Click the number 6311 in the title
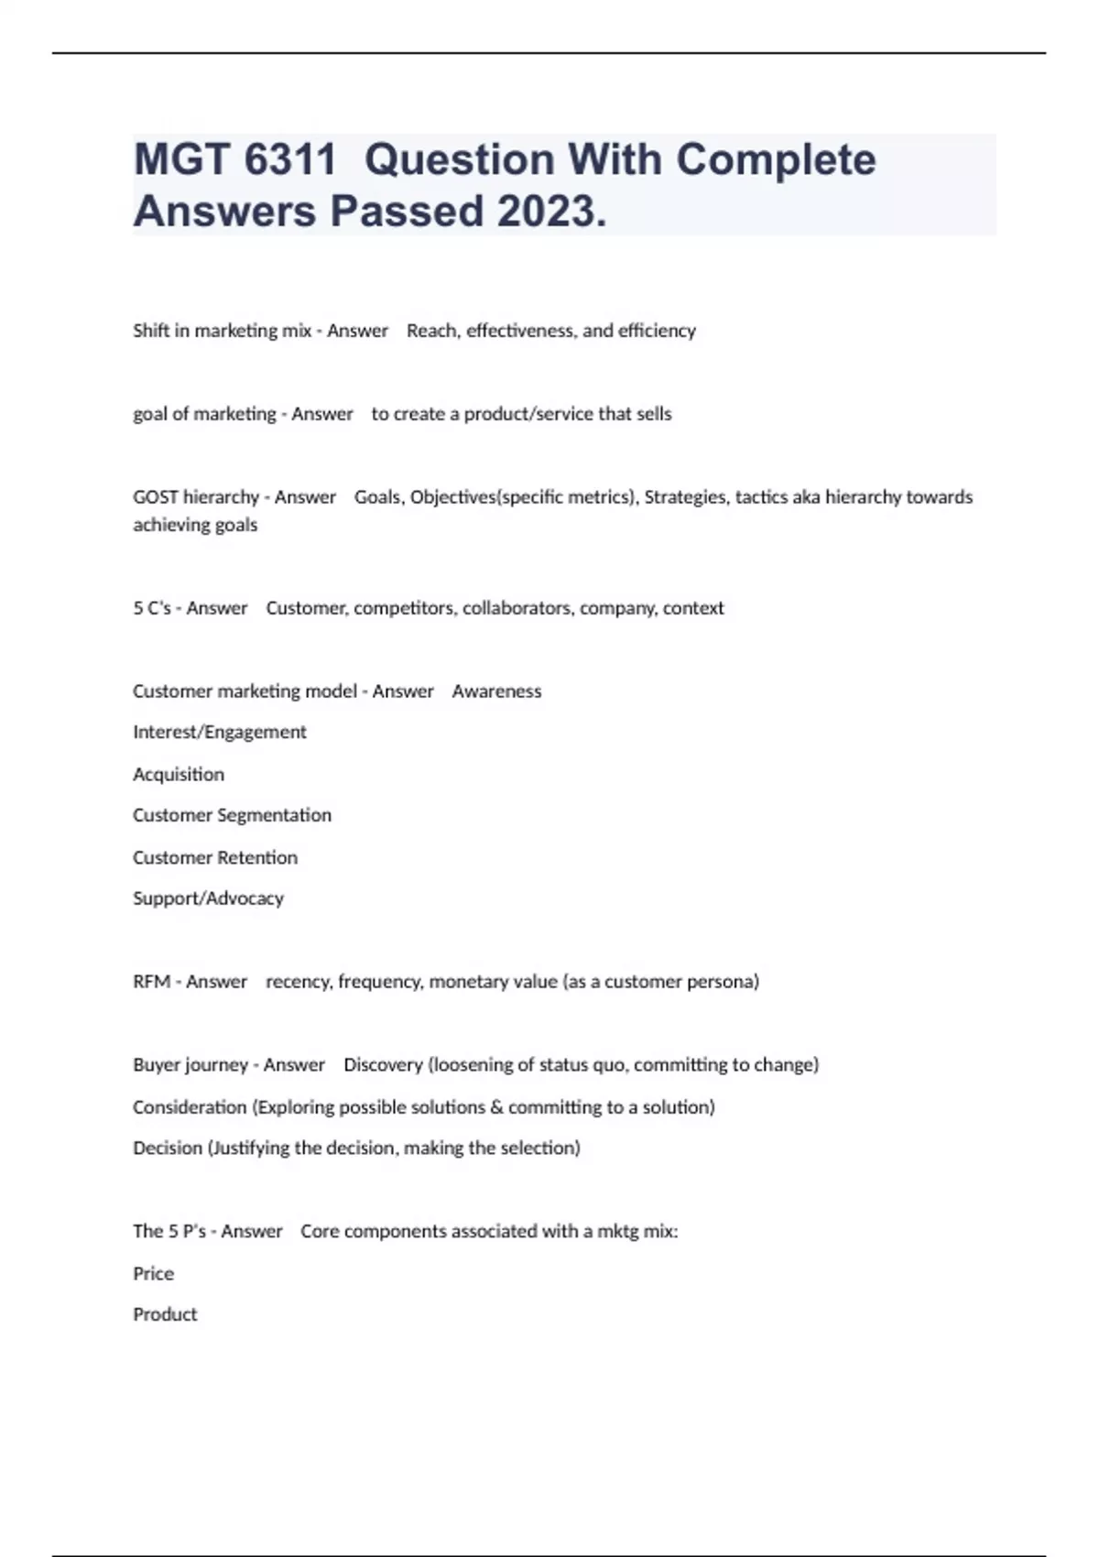click(290, 159)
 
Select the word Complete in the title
click(776, 159)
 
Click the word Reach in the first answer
click(430, 331)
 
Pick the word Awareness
click(496, 691)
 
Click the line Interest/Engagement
click(220, 732)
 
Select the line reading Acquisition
click(179, 774)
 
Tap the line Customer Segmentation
click(232, 815)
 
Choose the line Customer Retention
click(215, 857)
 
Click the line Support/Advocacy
click(208, 898)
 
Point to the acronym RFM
click(152, 982)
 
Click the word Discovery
click(383, 1065)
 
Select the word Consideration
click(190, 1107)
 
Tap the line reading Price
click(153, 1273)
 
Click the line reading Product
click(165, 1314)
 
